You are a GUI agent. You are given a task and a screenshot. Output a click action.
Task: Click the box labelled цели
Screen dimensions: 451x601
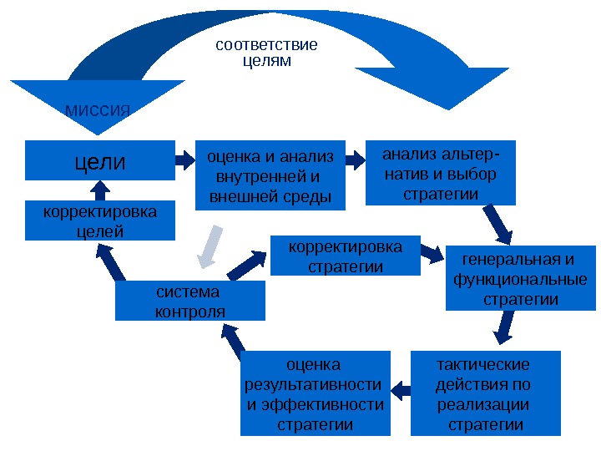(100, 160)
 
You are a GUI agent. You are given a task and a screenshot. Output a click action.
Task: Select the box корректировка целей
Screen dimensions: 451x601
(100, 220)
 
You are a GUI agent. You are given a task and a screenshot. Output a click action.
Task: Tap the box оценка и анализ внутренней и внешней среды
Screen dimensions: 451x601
(270, 176)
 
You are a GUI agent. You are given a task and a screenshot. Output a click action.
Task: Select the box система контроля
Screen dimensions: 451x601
(190, 301)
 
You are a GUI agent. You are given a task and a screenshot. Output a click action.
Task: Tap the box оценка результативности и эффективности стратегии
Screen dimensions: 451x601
(315, 393)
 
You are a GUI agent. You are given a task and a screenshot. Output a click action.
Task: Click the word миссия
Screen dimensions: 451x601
(98, 109)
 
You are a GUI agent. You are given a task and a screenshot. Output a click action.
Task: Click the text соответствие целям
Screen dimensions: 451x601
(266, 52)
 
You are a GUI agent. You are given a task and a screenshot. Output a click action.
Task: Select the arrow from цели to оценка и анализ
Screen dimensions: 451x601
(184, 157)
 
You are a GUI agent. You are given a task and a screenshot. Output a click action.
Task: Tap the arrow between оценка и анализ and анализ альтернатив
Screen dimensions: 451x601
(356, 157)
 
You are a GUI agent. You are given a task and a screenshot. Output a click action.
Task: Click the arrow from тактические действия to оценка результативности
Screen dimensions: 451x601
(401, 388)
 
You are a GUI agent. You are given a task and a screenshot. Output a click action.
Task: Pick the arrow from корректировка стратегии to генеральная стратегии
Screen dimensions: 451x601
(432, 252)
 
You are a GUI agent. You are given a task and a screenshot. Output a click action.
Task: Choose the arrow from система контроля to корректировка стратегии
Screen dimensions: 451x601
(247, 263)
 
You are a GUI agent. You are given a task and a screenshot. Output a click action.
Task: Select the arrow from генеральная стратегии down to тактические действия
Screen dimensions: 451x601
(503, 327)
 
